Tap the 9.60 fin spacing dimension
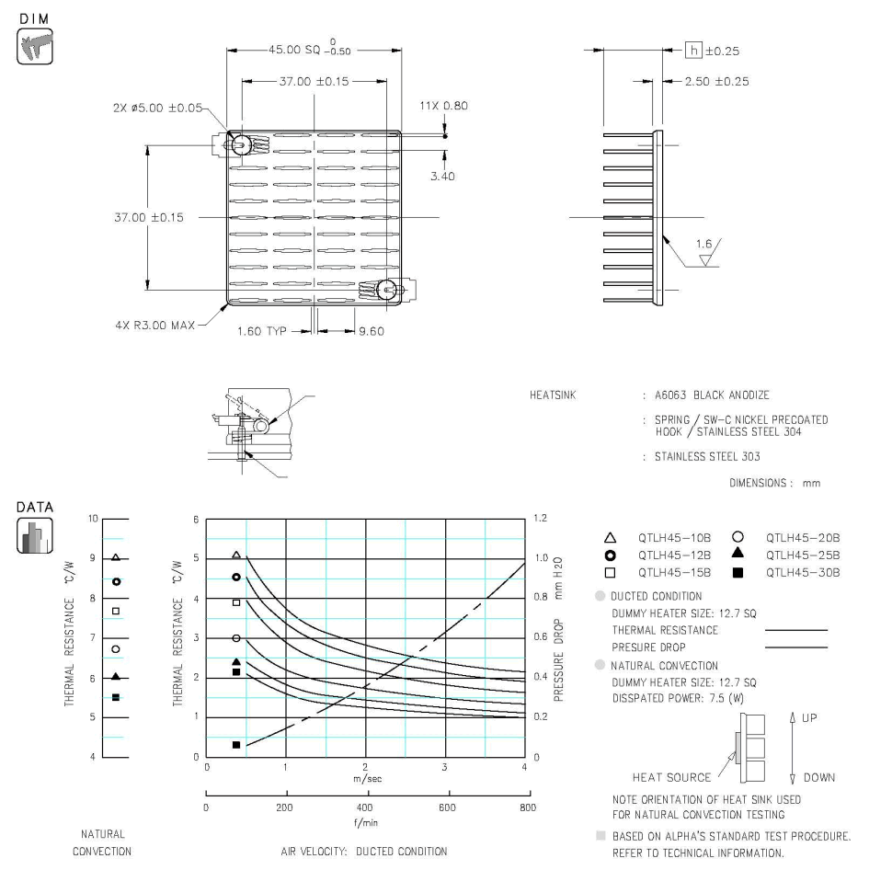[371, 331]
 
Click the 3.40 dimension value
[441, 176]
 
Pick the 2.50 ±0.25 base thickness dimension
[717, 82]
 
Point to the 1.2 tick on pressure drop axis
[543, 519]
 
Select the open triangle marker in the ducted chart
[236, 555]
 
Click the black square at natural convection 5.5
[116, 697]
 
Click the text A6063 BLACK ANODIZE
[706, 395]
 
